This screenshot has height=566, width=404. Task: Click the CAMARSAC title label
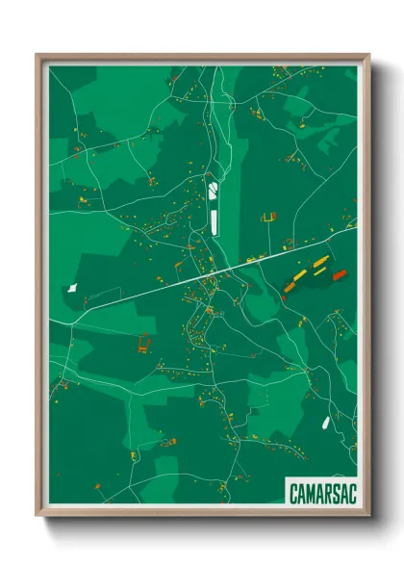[x=320, y=493]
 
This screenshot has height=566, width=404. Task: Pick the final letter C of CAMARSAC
[x=348, y=493]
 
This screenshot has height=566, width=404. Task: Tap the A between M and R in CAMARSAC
[x=318, y=493]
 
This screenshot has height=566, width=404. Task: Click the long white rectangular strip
[x=215, y=218]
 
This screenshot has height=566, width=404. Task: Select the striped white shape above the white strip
[x=213, y=190]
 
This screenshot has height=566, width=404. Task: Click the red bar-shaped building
[x=339, y=275]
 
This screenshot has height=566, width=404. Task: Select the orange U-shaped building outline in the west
[x=145, y=343]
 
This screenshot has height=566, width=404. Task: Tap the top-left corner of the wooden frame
[x=38, y=56]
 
